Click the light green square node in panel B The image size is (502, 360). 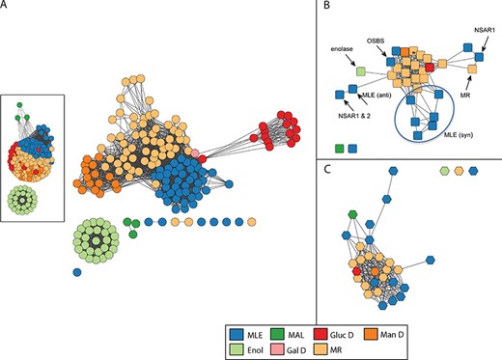(x=361, y=71)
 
